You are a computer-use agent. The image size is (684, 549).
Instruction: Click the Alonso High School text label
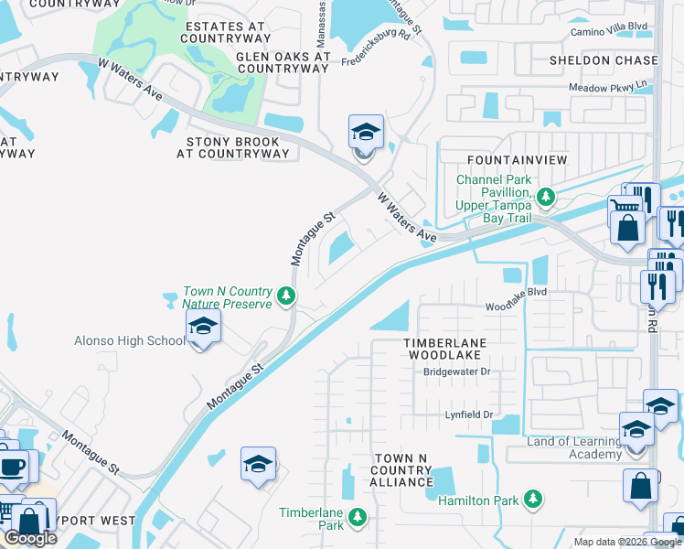point(129,341)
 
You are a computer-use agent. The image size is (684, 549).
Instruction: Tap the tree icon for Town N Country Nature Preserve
point(286,296)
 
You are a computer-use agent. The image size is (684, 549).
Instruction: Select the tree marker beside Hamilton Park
point(530,500)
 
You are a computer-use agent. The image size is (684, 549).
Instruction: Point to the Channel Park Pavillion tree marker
point(546,196)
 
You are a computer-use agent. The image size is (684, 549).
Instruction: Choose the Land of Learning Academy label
point(574,448)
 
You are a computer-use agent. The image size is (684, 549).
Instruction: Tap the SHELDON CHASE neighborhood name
point(603,60)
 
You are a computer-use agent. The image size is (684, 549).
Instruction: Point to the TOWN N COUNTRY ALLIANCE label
point(401,469)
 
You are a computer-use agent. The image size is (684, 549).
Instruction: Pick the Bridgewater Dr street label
point(457,371)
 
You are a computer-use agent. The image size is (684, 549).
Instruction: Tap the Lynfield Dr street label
point(469,415)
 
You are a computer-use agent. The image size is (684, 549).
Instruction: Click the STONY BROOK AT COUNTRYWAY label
point(237,148)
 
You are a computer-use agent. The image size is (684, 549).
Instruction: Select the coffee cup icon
point(13,466)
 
